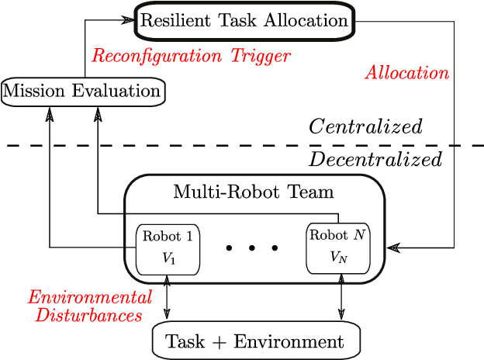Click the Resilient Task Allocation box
244,21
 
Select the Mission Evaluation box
83,92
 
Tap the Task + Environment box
257,341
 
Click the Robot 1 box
168,249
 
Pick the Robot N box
338,247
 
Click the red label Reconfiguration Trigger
191,56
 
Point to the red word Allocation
407,73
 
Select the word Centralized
365,126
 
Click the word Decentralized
375,160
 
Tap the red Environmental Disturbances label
89,306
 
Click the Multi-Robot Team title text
254,191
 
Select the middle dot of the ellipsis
251,248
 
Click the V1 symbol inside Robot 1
168,259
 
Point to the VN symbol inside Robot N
339,258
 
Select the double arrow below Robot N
343,296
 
